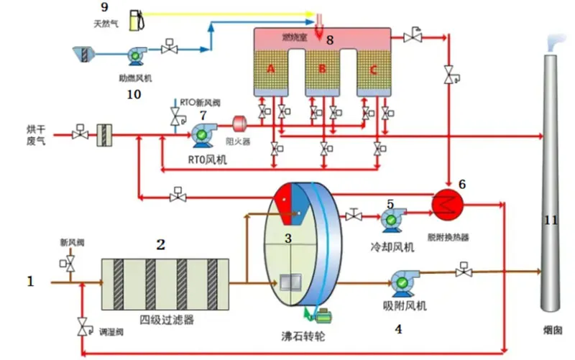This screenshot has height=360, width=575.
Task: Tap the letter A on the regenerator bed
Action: [x=271, y=68]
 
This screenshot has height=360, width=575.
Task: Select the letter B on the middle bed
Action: [x=322, y=69]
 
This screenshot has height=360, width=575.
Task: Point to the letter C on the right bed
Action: [x=372, y=70]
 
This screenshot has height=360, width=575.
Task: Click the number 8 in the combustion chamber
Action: [x=330, y=40]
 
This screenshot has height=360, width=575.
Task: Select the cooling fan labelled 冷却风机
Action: [x=392, y=218]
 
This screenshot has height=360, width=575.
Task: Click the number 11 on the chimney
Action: [x=551, y=220]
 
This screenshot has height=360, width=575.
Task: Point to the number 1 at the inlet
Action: [x=30, y=282]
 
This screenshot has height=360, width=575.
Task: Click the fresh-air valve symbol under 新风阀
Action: [x=72, y=264]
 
